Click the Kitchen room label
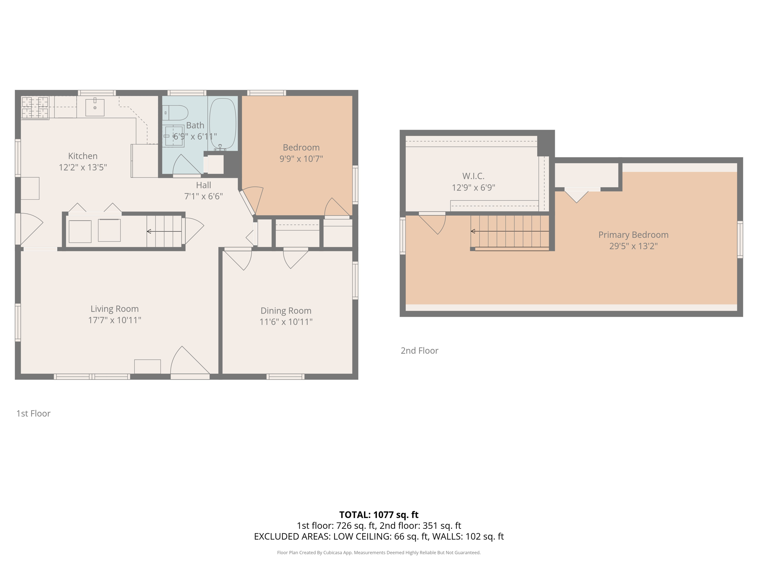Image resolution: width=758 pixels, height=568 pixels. click(83, 156)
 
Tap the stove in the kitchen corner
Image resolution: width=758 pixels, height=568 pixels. click(35, 108)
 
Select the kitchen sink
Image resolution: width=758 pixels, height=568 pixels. click(95, 107)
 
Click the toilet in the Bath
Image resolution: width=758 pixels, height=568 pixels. click(175, 113)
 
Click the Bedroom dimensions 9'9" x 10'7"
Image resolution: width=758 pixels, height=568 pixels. click(301, 159)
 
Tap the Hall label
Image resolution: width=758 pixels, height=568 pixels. click(203, 185)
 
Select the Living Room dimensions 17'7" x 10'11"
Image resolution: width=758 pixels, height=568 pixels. click(114, 320)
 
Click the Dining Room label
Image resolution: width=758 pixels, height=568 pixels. click(286, 311)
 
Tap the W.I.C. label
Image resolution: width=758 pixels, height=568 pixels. click(473, 176)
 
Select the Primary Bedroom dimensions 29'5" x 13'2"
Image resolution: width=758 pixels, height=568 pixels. click(633, 246)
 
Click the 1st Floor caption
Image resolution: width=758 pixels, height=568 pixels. click(33, 413)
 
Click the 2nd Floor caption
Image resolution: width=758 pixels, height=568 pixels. click(419, 351)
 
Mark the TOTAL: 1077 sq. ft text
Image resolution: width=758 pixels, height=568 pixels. click(379, 515)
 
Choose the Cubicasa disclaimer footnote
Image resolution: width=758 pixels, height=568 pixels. click(379, 553)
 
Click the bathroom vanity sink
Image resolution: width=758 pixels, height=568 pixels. click(174, 136)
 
